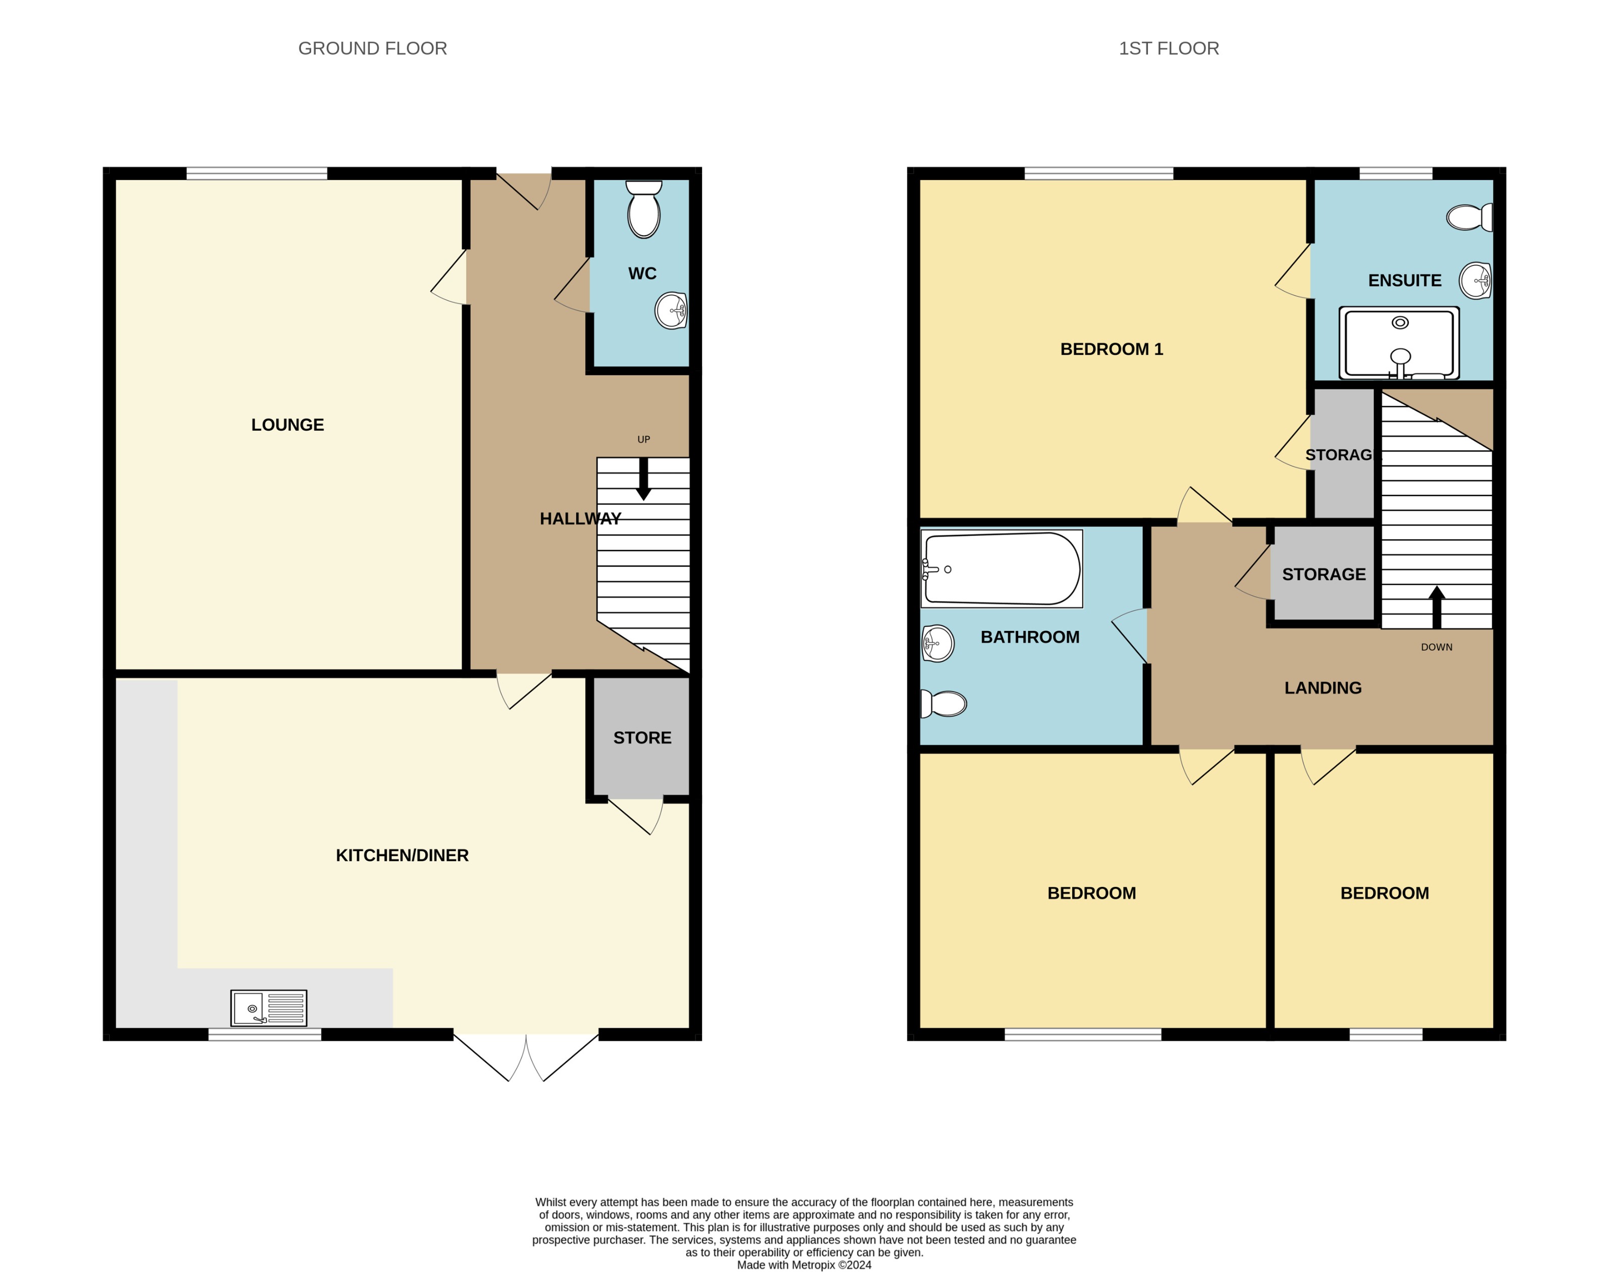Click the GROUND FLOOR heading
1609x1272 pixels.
pos(373,48)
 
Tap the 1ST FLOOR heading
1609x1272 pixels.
pos(1168,48)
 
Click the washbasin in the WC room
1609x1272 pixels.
pos(671,310)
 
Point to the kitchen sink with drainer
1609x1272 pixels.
pos(268,1009)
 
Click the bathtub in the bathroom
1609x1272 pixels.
pos(1001,568)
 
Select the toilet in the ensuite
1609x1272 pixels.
pos(1469,218)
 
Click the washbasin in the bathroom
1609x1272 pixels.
pos(938,643)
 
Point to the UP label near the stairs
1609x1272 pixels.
pos(643,439)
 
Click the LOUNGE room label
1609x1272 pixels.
pos(287,425)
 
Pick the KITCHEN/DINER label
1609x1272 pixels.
pos(402,855)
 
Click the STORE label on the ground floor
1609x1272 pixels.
pos(642,737)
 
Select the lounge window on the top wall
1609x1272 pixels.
pos(256,174)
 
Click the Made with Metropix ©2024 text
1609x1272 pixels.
pos(804,1264)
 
